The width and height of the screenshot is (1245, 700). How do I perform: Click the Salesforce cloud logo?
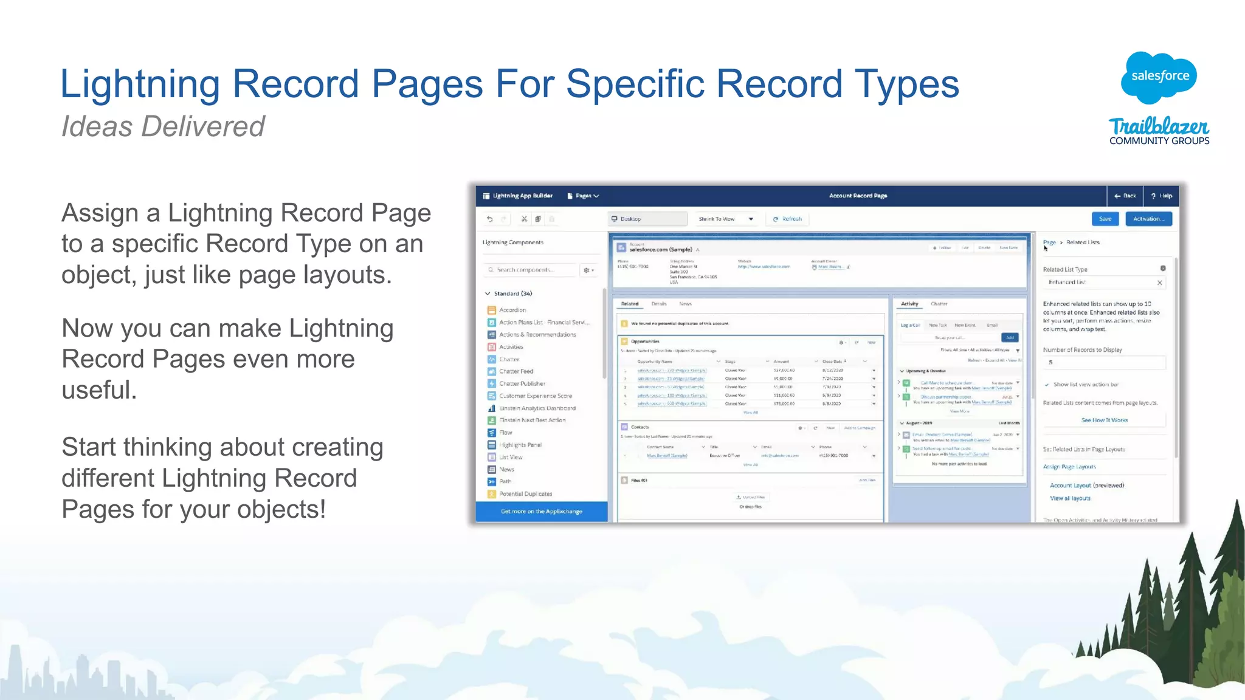tap(1159, 77)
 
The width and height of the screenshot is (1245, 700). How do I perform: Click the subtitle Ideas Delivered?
tap(163, 126)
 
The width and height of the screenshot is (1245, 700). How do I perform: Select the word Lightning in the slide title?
tap(140, 83)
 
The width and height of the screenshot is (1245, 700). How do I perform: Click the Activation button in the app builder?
tap(1148, 219)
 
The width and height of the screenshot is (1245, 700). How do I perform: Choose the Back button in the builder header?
tap(1125, 196)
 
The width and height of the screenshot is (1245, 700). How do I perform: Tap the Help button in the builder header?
tap(1161, 196)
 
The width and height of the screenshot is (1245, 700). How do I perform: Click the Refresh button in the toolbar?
tap(788, 219)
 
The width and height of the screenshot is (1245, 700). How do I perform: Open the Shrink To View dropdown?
tap(726, 219)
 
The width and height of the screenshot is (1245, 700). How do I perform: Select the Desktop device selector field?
tap(647, 219)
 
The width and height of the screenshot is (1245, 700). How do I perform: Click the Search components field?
tap(529, 270)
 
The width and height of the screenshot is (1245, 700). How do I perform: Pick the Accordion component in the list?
tap(512, 310)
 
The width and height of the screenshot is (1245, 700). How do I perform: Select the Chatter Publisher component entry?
tap(522, 383)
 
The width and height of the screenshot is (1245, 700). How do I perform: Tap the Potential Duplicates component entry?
tap(525, 494)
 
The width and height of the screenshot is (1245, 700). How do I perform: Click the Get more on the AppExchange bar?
tap(541, 512)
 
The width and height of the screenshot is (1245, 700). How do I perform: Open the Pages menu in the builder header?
tap(583, 196)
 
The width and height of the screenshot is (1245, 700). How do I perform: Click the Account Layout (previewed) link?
tap(1087, 486)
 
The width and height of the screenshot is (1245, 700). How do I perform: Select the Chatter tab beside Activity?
tap(939, 304)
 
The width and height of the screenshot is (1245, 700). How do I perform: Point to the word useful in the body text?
tap(98, 390)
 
